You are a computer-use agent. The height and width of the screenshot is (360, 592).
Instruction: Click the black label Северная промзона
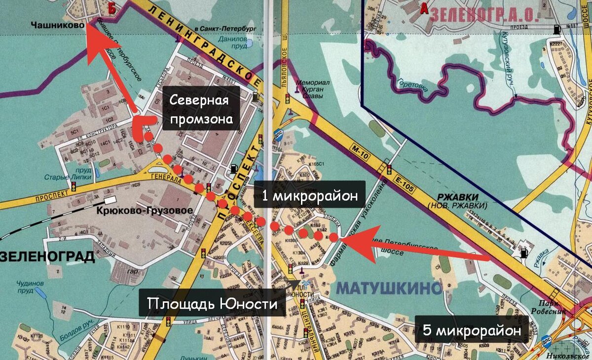tap(201, 108)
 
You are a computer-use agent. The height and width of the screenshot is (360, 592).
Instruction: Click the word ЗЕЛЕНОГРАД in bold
tap(48, 256)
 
